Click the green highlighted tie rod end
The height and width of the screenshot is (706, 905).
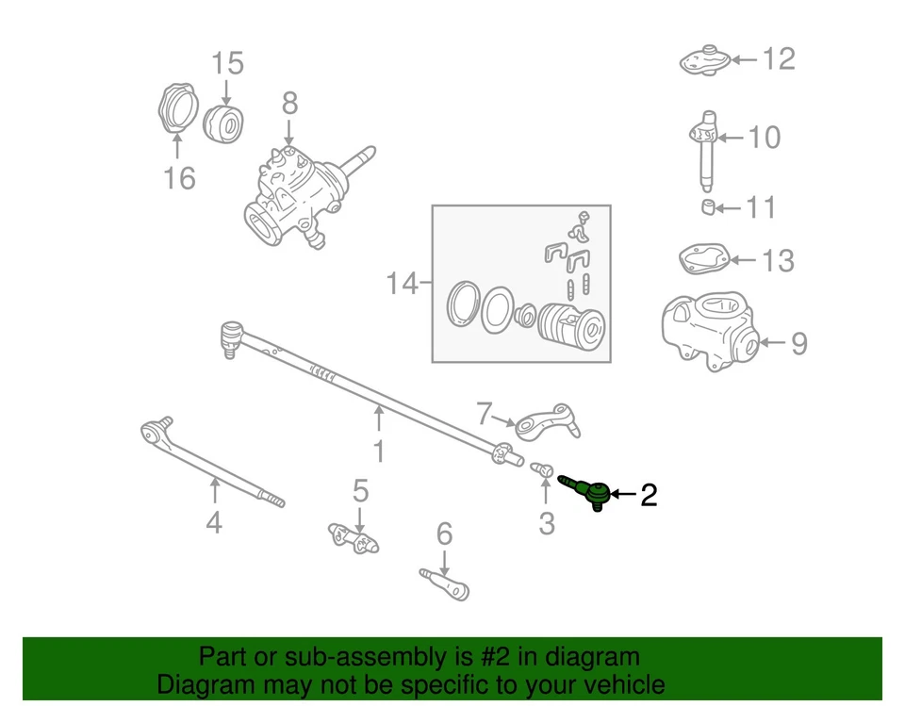pos(588,490)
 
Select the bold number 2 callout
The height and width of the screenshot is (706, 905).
pos(649,495)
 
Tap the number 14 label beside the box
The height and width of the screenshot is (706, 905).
pos(403,283)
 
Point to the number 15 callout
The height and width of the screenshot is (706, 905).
pos(227,64)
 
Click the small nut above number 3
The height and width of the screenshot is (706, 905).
pos(543,468)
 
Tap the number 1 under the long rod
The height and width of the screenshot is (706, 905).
pos(379,452)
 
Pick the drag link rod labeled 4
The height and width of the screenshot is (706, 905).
pos(212,464)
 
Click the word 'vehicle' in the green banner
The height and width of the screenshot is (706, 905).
pos(617,684)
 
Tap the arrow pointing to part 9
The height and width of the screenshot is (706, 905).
pos(771,342)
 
